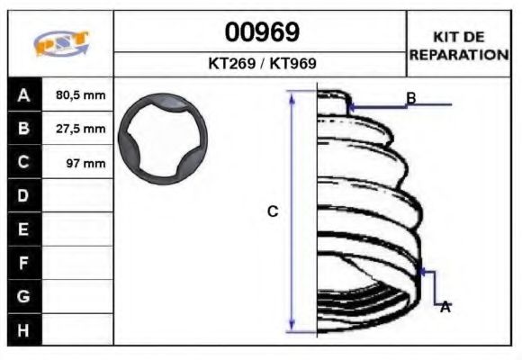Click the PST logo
click(61, 43)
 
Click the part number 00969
click(262, 32)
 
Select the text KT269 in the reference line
click(231, 63)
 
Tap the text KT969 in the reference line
click(292, 63)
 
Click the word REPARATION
click(459, 55)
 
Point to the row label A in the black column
click(23, 95)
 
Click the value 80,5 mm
click(81, 95)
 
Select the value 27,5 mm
click(81, 129)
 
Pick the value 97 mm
click(85, 163)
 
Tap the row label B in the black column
click(23, 129)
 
